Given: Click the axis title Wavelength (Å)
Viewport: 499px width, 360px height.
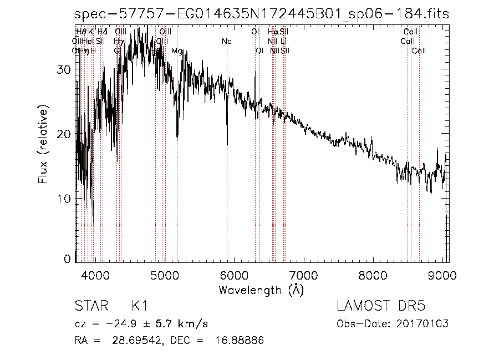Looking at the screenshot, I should tap(261, 290).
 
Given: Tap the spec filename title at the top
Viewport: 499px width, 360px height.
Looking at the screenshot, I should tap(262, 14).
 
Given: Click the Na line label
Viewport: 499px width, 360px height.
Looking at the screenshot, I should tap(226, 42).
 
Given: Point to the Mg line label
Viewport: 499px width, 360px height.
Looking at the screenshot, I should tap(177, 51).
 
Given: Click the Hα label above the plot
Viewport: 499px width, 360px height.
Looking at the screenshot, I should tap(273, 32).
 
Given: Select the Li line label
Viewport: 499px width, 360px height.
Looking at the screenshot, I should tap(283, 42).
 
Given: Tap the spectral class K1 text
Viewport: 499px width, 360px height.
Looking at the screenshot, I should tap(139, 306).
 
